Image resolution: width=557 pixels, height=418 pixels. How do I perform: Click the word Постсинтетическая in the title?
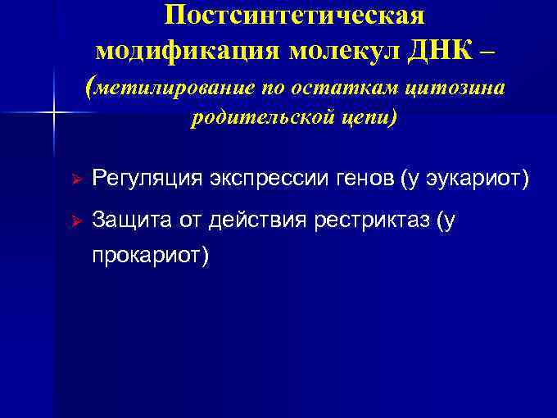click(294, 16)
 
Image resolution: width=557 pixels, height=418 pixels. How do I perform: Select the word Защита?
click(128, 220)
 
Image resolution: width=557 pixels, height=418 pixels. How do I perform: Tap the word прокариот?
click(151, 256)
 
